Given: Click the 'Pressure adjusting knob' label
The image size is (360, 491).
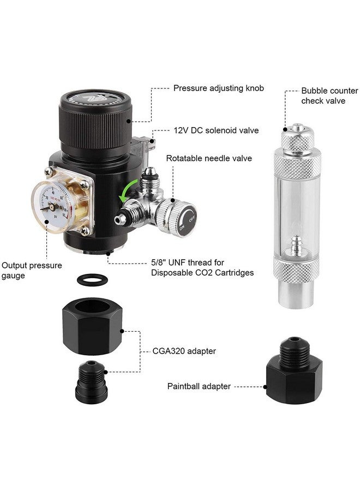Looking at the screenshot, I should [219, 88].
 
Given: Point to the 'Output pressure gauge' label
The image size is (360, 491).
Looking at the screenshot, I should [32, 271].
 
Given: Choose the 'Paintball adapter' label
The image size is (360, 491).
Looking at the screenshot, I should [199, 386].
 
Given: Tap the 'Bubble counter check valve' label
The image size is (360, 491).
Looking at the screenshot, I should [329, 95].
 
